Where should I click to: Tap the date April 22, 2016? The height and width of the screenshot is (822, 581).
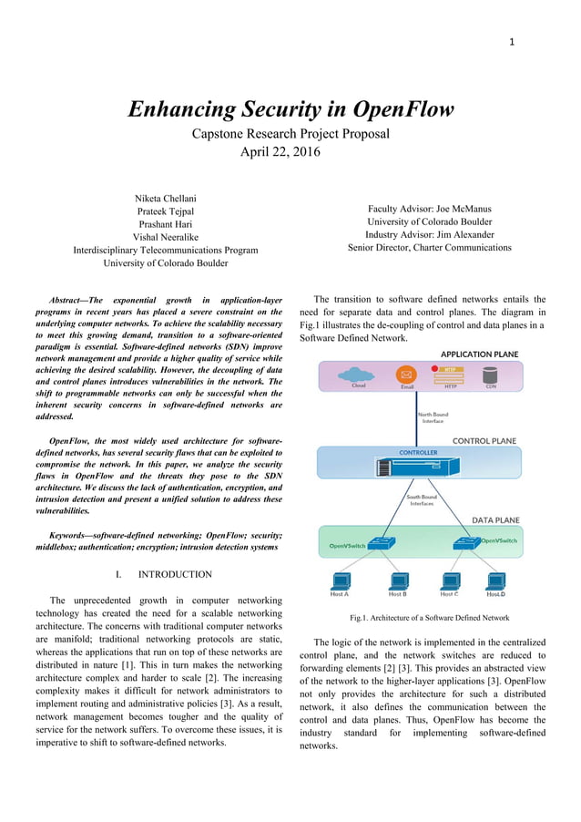(280, 152)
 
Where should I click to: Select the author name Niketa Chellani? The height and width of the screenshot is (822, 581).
(165, 199)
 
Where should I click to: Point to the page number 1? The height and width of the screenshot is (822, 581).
(512, 41)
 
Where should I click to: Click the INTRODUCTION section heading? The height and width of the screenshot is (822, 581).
(174, 574)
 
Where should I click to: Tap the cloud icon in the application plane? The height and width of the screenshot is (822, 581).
(352, 374)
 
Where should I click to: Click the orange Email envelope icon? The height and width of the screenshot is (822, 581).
(407, 375)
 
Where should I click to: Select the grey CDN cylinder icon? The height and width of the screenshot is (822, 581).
(491, 374)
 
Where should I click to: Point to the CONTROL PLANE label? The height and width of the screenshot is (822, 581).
(484, 441)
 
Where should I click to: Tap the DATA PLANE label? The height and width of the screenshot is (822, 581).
(495, 520)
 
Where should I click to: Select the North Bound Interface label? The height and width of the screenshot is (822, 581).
(432, 417)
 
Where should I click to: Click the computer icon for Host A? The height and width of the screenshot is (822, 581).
(339, 580)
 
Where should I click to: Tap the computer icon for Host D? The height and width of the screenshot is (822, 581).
(495, 580)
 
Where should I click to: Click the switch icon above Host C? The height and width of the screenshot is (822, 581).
(466, 544)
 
